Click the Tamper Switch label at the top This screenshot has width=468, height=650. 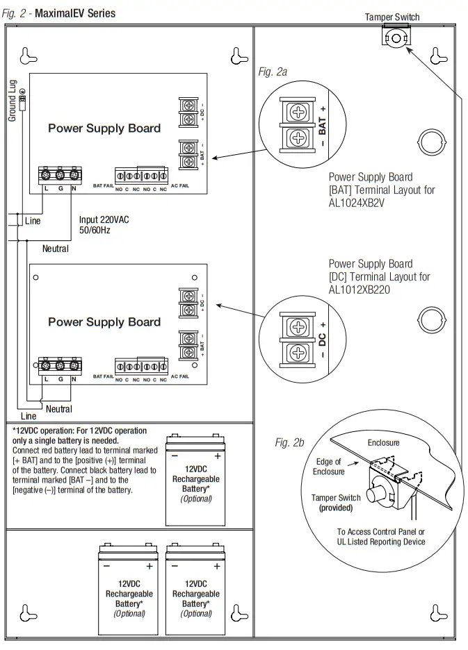392,17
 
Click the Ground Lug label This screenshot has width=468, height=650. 13,101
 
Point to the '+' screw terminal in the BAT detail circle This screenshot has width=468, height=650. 298,112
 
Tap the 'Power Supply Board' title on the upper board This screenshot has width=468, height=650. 104,128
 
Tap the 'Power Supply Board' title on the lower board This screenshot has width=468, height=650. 104,322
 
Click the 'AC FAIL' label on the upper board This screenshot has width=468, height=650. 179,185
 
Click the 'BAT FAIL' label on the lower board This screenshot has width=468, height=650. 103,377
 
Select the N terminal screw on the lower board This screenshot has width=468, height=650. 74,365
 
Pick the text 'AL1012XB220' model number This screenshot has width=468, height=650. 360,289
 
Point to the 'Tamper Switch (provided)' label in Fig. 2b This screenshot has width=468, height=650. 335,503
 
